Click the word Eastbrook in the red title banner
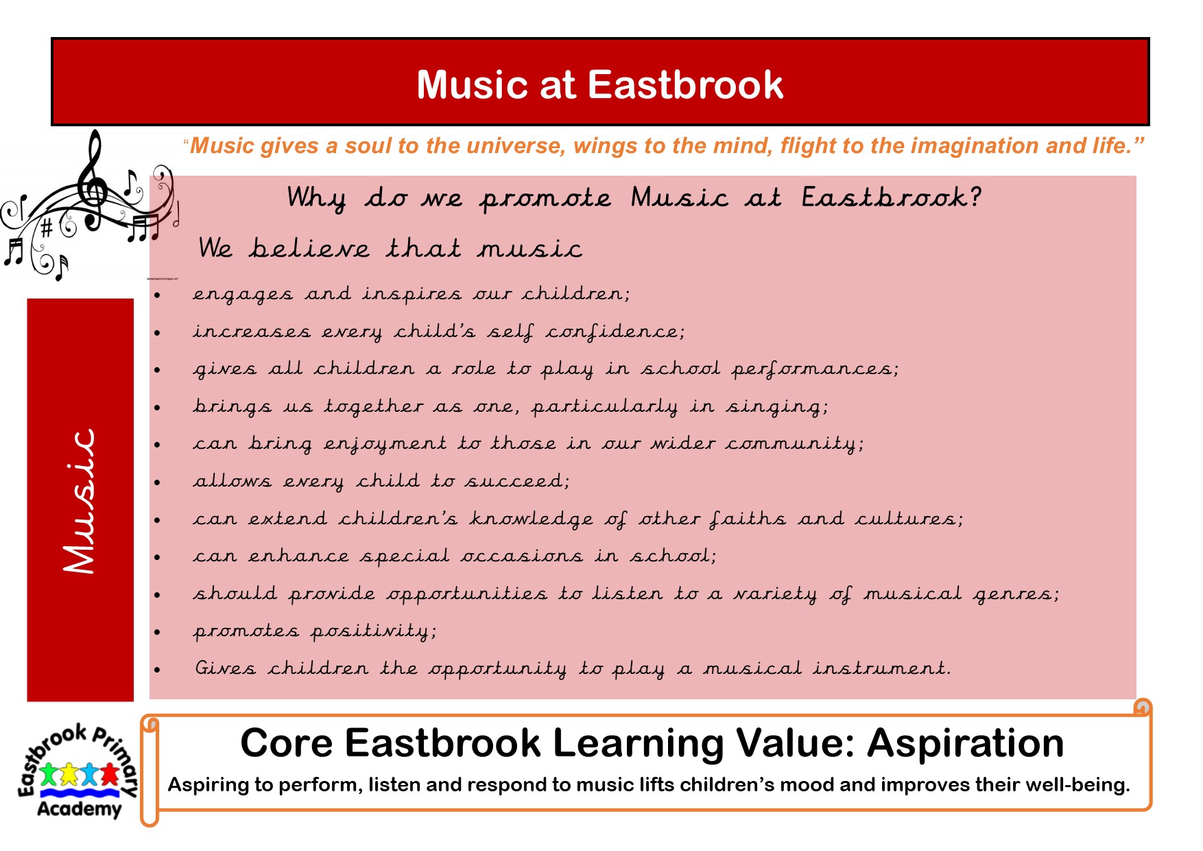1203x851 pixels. (x=685, y=84)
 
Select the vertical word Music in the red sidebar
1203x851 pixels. (x=80, y=501)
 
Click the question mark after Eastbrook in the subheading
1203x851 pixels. (x=975, y=198)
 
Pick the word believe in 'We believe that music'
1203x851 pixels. (x=309, y=248)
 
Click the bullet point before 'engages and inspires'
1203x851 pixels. (x=157, y=296)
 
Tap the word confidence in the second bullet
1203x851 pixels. (x=615, y=332)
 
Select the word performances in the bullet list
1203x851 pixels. (x=815, y=369)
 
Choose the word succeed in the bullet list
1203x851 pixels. (x=517, y=481)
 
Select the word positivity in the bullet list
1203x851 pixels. (x=374, y=631)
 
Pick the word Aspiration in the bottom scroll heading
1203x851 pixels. (x=966, y=744)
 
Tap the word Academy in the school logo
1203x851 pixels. (x=79, y=809)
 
